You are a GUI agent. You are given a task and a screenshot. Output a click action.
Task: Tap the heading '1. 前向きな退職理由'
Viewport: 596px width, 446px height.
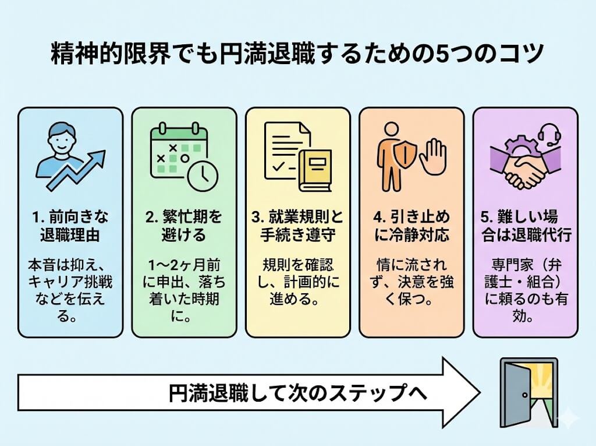click(70, 226)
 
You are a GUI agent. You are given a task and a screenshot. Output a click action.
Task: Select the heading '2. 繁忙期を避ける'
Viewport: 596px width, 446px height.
click(183, 226)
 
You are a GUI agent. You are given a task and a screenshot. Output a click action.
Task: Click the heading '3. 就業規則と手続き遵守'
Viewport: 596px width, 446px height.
click(298, 226)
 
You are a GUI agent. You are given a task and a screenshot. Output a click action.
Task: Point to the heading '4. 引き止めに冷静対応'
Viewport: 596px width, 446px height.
click(411, 226)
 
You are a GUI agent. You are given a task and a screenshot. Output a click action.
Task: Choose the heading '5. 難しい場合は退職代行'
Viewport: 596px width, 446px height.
click(526, 226)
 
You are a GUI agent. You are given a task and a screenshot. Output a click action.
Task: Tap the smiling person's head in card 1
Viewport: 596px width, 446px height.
click(62, 137)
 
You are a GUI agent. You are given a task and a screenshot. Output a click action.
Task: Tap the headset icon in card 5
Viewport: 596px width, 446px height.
click(547, 136)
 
